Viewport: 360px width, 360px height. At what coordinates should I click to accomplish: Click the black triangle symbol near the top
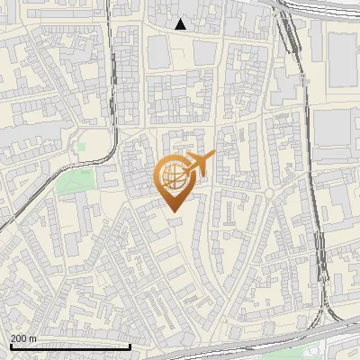click(x=181, y=24)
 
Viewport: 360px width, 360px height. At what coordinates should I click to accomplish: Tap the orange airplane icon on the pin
click(x=196, y=165)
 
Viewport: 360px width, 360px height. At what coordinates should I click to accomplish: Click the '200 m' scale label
click(x=23, y=337)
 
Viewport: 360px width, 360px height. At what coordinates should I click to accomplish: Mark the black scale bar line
click(x=70, y=346)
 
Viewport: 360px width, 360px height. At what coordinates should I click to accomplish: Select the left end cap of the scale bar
click(x=11, y=346)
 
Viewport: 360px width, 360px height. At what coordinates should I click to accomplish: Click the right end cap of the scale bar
click(x=130, y=346)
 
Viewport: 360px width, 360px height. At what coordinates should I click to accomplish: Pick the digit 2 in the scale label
click(x=13, y=337)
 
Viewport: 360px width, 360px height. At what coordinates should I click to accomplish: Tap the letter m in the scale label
click(x=33, y=338)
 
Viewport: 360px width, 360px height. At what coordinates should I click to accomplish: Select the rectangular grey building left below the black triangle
click(x=158, y=52)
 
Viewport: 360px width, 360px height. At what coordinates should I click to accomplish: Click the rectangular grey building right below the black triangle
click(x=202, y=51)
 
